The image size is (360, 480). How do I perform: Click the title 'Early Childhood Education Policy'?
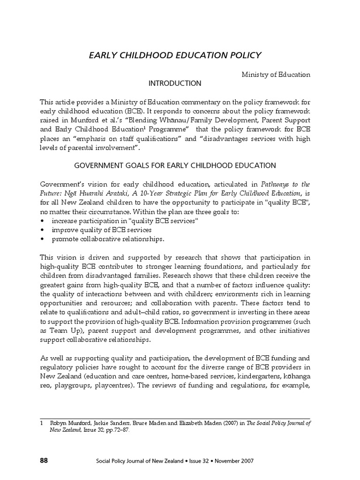(175, 56)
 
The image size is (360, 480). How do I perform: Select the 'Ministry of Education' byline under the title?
(276, 75)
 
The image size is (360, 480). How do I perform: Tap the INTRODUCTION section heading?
(175, 83)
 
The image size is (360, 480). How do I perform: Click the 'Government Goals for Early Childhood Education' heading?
(175, 165)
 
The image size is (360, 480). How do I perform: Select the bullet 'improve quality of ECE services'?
(101, 230)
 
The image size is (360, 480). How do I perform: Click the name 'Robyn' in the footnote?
(60, 422)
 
